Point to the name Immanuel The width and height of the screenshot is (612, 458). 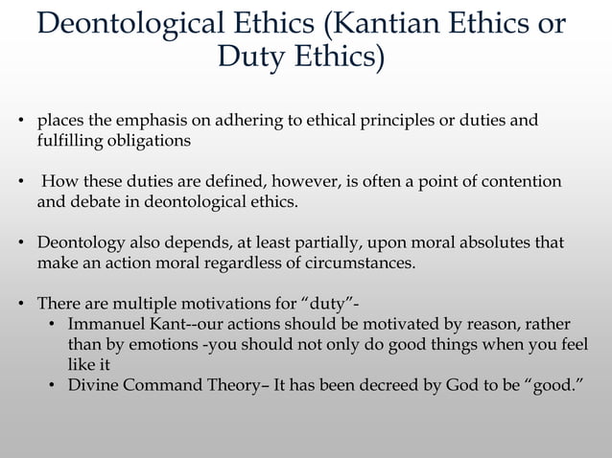coord(106,325)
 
